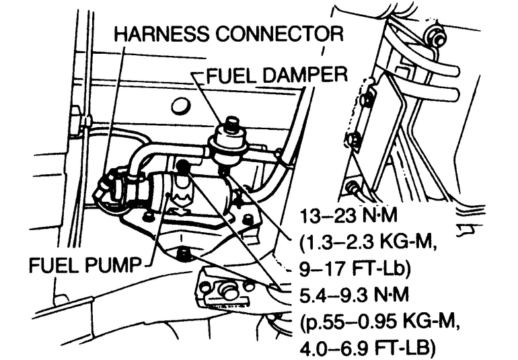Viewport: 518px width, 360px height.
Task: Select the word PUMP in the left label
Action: (x=116, y=264)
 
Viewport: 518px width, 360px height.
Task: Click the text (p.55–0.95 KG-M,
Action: (x=378, y=321)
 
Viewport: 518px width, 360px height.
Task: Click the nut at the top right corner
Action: (x=438, y=40)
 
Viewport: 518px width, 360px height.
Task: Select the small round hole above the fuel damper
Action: (x=180, y=106)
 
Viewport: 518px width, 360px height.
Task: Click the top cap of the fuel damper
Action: (x=233, y=123)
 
